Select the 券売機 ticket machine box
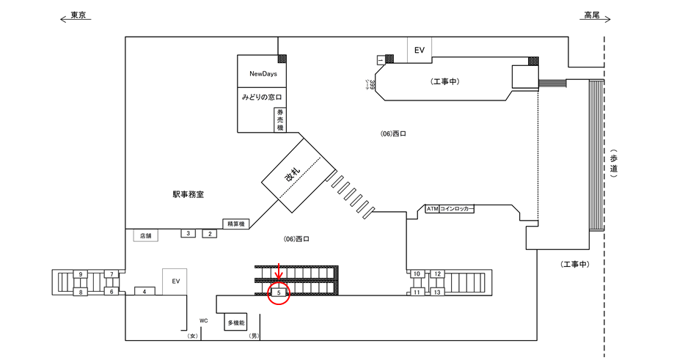coord(279,120)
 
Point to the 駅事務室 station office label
coord(188,195)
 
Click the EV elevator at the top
coord(420,51)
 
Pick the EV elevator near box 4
coord(175,281)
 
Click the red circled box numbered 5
coord(278,293)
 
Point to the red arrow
coord(278,274)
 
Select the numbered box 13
coord(437,293)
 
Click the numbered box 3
coord(188,233)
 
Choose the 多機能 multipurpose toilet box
coord(235,323)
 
